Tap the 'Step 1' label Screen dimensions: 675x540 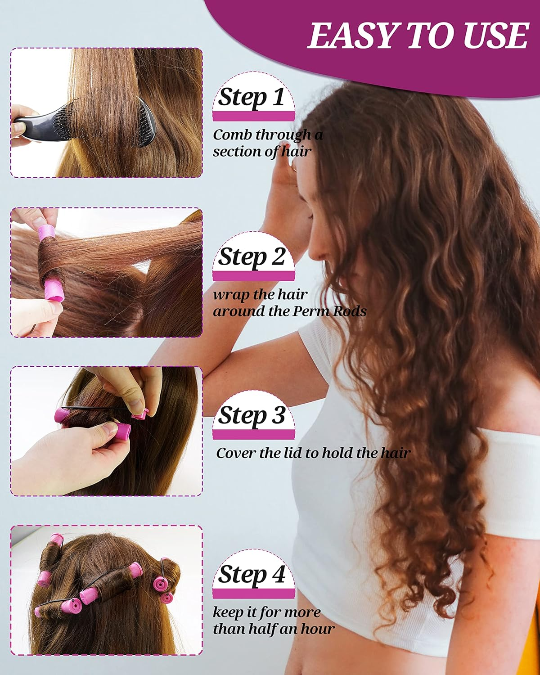tap(252, 97)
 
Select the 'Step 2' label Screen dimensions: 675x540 tap(252, 257)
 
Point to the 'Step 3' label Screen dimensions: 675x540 tap(252, 415)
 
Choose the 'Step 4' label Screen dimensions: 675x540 tap(252, 575)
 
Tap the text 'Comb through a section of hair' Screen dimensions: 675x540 tap(267, 143)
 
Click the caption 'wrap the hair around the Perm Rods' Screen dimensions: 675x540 tap(289, 303)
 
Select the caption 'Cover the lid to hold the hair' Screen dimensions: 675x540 tap(313, 453)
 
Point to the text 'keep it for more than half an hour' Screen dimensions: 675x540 tap(273, 621)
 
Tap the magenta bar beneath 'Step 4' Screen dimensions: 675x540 tap(254, 594)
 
